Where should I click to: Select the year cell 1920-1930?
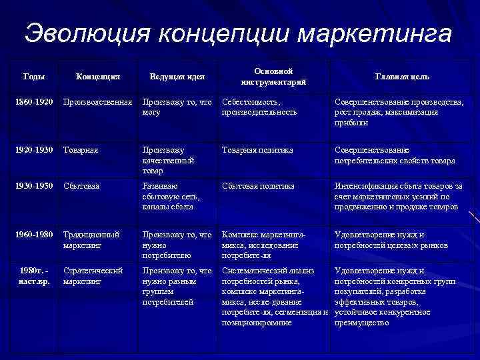34,150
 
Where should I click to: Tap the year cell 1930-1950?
34,186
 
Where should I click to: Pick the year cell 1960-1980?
34,235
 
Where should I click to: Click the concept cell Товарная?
81,150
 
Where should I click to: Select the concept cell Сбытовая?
81,186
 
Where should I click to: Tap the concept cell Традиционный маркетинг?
91,240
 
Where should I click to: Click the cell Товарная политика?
257,150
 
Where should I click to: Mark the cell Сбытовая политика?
257,186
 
